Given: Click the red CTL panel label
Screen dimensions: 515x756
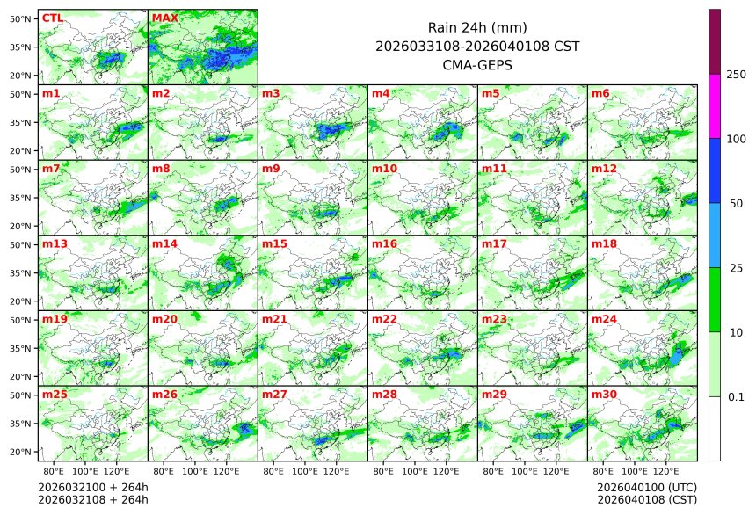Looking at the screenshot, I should point(52,18).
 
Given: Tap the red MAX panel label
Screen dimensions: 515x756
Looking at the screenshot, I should point(164,18).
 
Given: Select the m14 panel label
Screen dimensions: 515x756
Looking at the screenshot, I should point(164,243).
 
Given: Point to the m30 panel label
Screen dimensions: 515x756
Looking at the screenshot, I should point(604,395).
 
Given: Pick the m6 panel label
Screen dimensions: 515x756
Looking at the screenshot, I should point(600,93).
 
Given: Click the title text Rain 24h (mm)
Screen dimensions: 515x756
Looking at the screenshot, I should point(476,27).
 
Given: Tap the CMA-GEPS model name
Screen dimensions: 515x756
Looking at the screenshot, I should point(476,64).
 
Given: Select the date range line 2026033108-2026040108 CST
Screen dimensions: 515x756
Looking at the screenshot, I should point(476,46).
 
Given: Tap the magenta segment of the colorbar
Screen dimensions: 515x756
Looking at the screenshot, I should point(715,106).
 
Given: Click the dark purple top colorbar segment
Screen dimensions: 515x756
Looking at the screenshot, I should point(715,41).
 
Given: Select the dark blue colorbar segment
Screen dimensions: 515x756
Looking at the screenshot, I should point(715,170).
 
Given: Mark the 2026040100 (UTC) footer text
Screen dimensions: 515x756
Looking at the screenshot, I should point(646,487).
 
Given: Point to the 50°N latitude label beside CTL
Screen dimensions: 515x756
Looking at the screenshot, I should point(21,18).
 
